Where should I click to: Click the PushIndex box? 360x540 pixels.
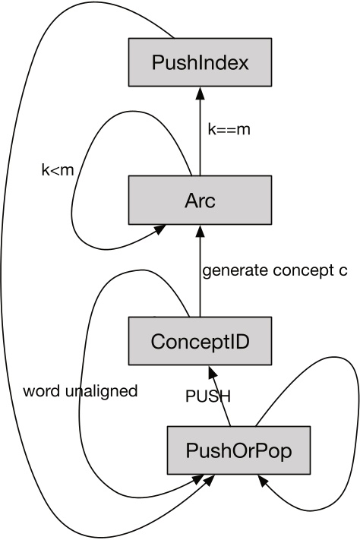(x=199, y=62)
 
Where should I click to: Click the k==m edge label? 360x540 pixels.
(x=229, y=130)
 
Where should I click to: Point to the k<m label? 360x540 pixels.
(x=57, y=169)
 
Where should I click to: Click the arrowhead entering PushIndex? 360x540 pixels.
(x=200, y=91)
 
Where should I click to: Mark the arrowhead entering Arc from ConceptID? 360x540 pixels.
(x=200, y=230)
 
